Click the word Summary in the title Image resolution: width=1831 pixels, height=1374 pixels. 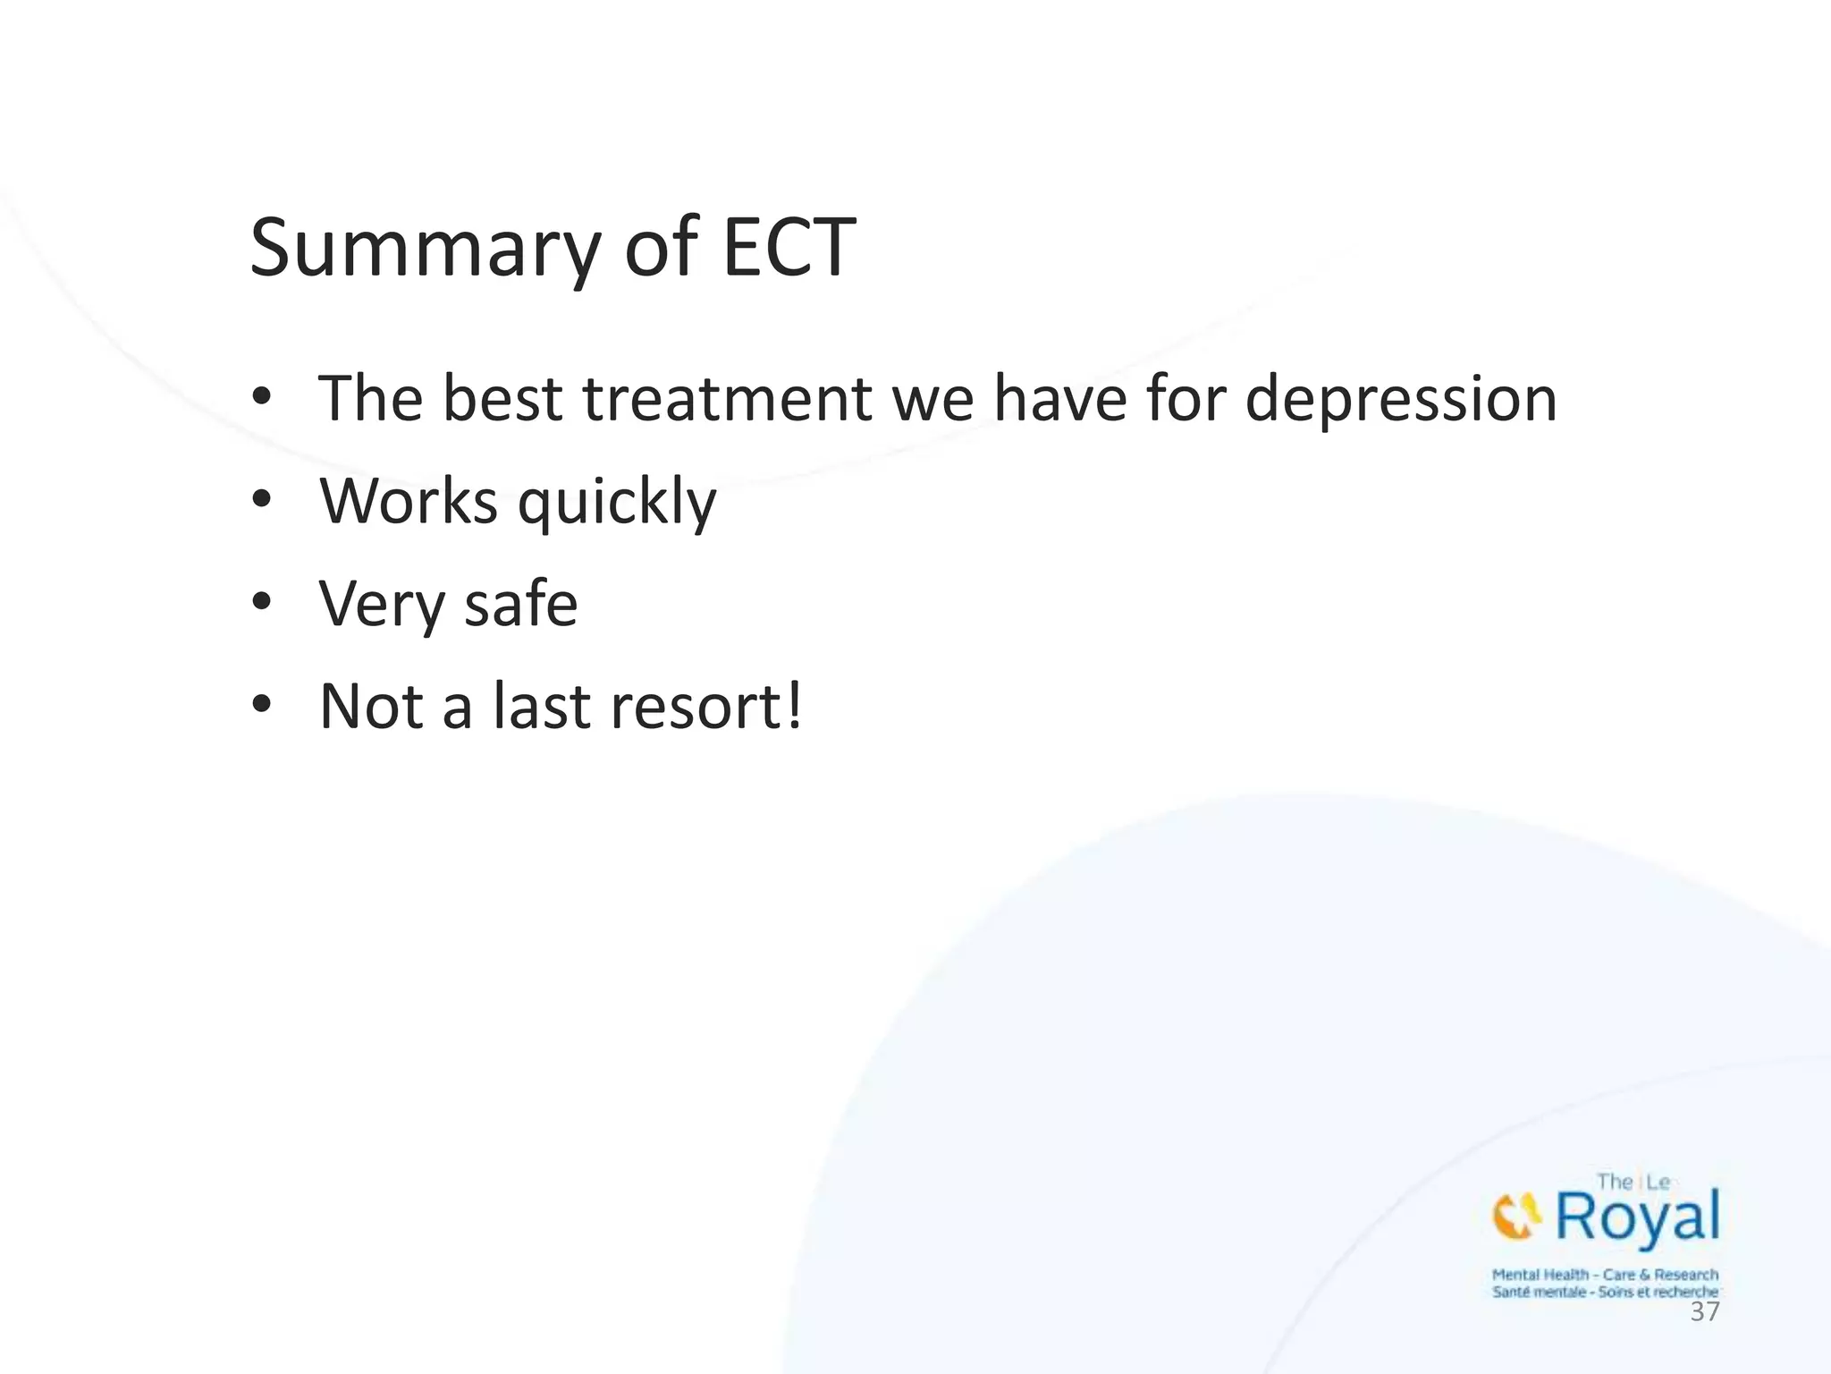pyautogui.click(x=424, y=249)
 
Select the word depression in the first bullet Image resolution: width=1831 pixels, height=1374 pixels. pyautogui.click(x=1401, y=400)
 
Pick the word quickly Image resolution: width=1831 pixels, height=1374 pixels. pyautogui.click(x=617, y=504)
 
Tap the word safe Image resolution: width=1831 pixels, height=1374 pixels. pyautogui.click(x=520, y=604)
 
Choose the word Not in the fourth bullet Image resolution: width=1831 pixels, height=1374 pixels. pyautogui.click(x=371, y=707)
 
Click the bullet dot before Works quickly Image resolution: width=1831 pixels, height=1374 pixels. pyautogui.click(x=261, y=499)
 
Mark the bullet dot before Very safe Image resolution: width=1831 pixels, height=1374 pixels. pyautogui.click(x=261, y=602)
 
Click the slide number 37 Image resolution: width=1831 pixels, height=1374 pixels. pyautogui.click(x=1704, y=1312)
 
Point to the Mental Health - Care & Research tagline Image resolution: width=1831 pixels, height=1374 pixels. pyautogui.click(x=1605, y=1275)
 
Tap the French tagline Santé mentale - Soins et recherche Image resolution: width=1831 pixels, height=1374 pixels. pyautogui.click(x=1605, y=1292)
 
